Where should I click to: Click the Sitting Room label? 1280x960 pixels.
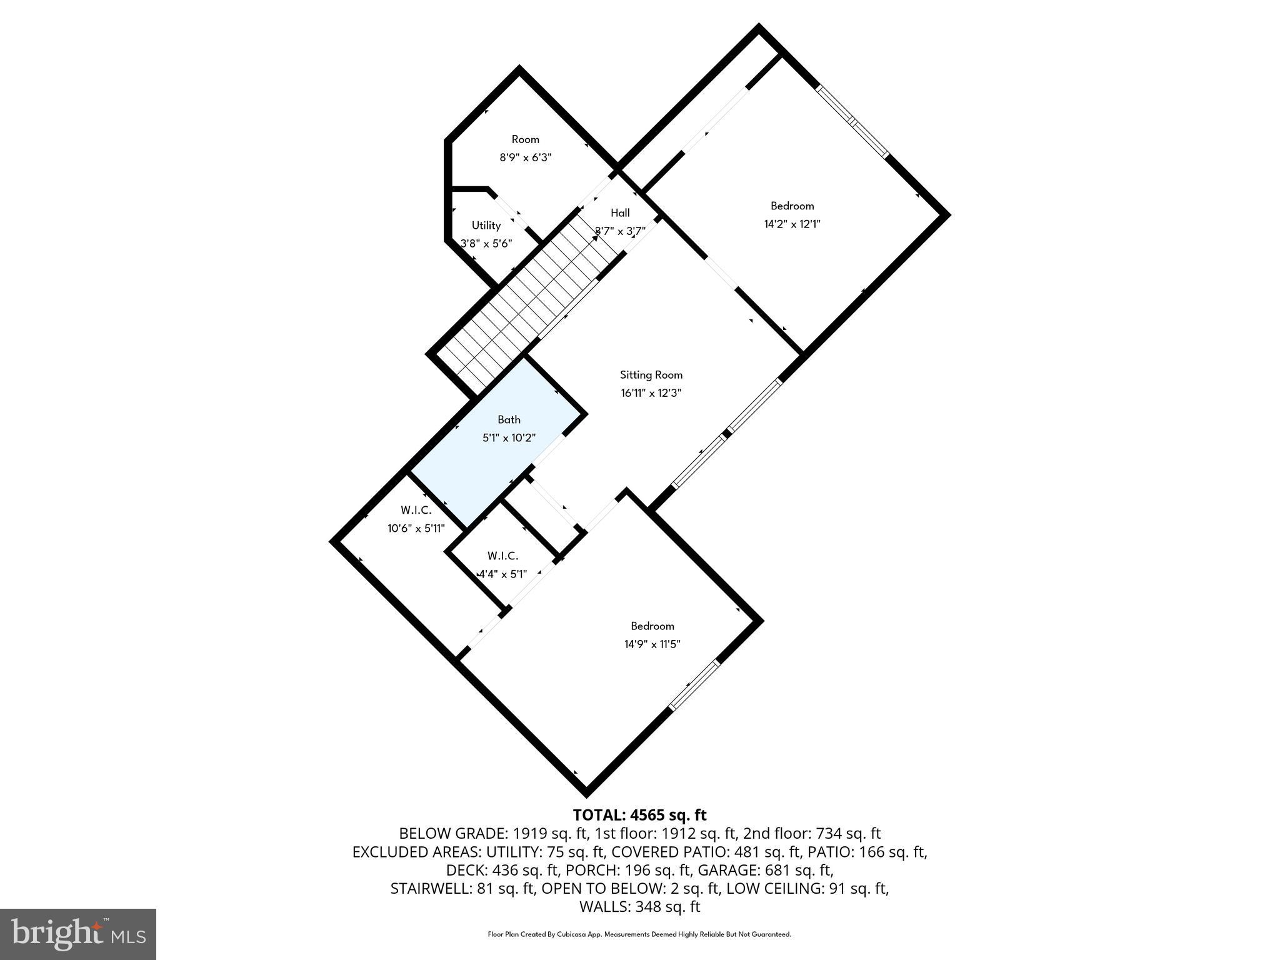click(651, 375)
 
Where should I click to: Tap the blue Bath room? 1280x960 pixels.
click(500, 450)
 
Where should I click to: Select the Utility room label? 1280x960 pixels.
click(486, 226)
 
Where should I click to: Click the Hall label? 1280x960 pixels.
click(620, 213)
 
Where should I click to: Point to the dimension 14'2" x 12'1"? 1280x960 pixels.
click(792, 224)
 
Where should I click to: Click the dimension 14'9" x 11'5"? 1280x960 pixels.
click(652, 644)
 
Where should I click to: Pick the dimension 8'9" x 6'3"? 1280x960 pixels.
click(525, 158)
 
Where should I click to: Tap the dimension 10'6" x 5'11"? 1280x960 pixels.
click(416, 529)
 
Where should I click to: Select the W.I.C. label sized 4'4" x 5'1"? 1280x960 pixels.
click(502, 556)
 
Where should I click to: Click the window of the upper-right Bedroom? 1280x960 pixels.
click(852, 121)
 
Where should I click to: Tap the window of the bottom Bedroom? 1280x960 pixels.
click(693, 686)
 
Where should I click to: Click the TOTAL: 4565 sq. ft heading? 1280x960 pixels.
click(639, 815)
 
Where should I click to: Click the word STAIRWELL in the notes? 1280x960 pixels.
click(428, 888)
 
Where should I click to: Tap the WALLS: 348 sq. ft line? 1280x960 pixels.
click(639, 907)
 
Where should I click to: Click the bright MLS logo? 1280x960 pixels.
click(78, 934)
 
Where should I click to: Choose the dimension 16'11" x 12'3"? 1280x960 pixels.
click(651, 394)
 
